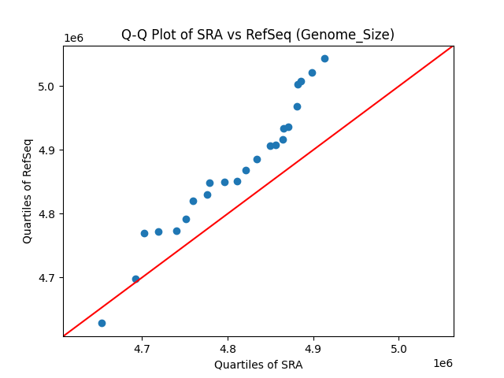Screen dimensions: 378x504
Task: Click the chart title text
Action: click(x=258, y=35)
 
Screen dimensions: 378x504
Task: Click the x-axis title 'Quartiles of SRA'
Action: click(x=258, y=365)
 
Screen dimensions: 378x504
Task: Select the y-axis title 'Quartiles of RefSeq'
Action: click(x=28, y=191)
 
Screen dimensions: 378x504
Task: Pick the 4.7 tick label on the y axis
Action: click(x=46, y=278)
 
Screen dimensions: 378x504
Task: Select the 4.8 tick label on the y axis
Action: click(x=46, y=214)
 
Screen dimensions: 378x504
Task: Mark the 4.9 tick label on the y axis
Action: click(x=46, y=150)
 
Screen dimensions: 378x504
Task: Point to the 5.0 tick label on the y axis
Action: click(x=46, y=86)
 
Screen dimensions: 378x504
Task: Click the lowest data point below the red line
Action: click(x=102, y=323)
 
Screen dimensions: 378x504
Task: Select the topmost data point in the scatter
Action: click(x=324, y=58)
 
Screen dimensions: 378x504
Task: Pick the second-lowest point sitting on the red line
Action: click(x=135, y=279)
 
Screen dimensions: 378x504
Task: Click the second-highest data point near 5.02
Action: click(x=312, y=72)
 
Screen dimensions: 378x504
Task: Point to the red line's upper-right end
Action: click(x=453, y=46)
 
